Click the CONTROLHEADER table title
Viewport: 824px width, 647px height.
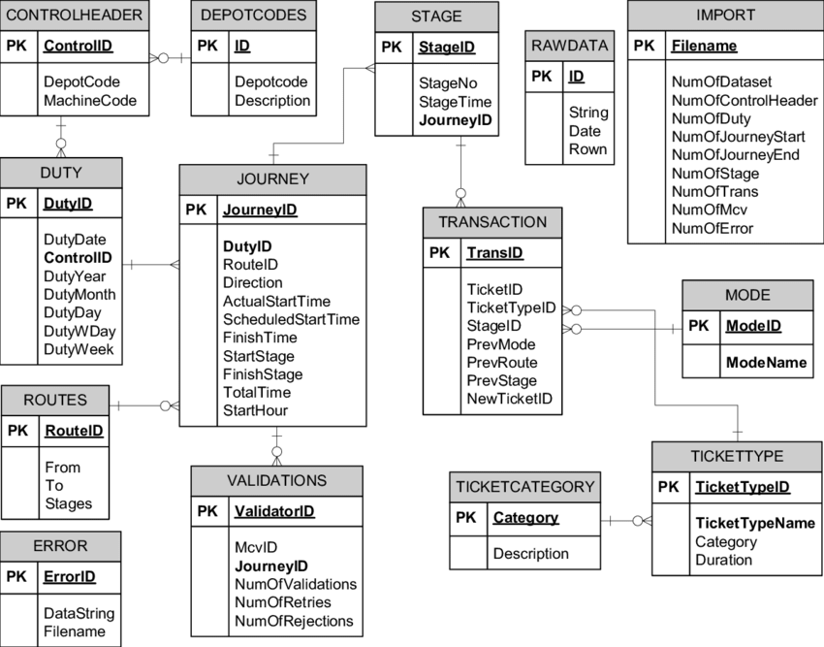tap(75, 15)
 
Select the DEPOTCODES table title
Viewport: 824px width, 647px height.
tap(252, 15)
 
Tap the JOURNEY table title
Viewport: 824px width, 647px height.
tap(272, 178)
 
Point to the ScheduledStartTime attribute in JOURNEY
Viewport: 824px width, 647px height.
tap(291, 319)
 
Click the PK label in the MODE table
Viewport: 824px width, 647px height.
tap(699, 326)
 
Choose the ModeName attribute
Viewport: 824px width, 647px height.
tap(766, 362)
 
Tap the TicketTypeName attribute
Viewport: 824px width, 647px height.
tap(755, 523)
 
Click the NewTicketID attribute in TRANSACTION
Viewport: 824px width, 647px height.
tap(510, 399)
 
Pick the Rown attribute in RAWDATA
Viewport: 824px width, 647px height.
tap(588, 148)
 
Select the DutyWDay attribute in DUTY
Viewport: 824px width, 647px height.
tap(79, 331)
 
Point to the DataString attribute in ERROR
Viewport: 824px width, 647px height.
tap(79, 613)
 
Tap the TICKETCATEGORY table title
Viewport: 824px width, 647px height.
tap(523, 487)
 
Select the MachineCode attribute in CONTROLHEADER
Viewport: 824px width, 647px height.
tap(90, 100)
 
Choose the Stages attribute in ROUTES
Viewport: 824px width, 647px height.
tap(68, 503)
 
